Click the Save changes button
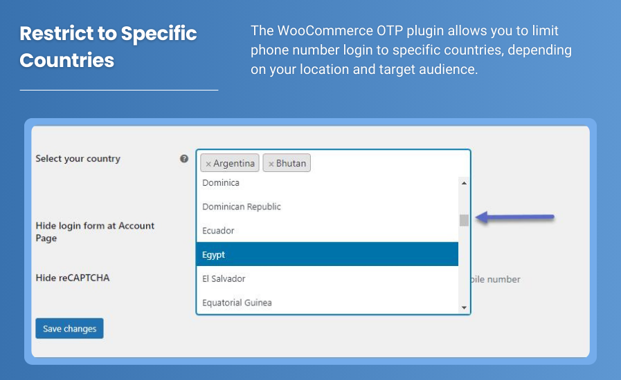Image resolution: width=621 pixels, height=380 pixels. point(69,329)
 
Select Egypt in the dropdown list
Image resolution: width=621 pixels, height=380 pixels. point(327,254)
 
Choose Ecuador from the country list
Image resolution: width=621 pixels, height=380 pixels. point(327,231)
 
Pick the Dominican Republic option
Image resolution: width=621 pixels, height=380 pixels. point(327,207)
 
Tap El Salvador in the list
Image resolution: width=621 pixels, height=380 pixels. point(327,278)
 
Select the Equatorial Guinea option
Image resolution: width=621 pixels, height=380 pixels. point(327,303)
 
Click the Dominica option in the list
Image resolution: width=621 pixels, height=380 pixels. point(327,183)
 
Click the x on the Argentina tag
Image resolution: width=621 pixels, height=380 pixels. point(208,164)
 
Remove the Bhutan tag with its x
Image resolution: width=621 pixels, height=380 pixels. point(271,164)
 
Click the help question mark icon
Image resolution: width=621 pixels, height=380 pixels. point(184,158)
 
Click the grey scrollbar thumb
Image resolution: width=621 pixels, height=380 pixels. point(464,220)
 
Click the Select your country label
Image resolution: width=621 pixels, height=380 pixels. point(78,159)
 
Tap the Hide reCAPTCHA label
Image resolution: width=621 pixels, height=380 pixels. point(73,278)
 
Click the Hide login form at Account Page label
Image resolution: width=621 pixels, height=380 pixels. point(95,231)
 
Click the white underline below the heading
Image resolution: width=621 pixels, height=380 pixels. point(118,90)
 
